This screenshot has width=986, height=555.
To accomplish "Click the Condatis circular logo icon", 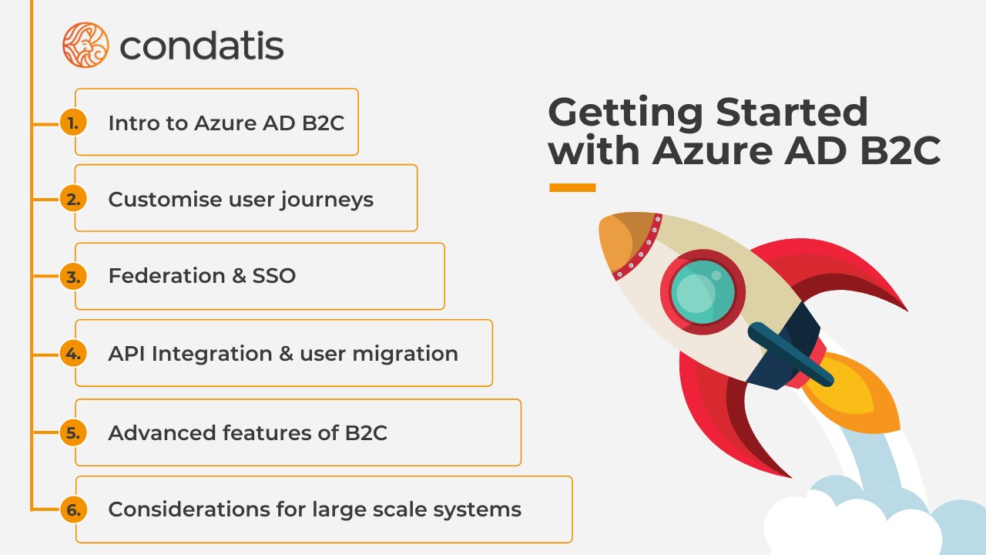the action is (86, 45).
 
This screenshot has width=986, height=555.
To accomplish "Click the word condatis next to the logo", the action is (202, 45).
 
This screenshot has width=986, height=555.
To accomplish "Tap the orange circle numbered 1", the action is (73, 123).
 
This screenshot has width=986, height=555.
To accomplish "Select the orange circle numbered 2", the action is (73, 199).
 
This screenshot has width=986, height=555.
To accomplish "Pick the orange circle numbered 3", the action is (73, 277).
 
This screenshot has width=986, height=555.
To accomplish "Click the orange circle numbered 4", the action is (73, 353).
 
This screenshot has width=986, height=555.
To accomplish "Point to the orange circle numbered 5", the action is (73, 432).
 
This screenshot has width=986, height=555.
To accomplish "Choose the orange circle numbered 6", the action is (73, 510).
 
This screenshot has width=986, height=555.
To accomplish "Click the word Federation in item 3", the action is (166, 276).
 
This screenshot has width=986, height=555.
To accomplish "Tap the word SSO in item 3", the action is (273, 276).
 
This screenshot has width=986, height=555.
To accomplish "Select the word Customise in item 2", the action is (165, 199).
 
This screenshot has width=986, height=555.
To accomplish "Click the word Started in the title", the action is (791, 112).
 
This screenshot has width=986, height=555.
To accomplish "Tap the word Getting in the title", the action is (625, 113).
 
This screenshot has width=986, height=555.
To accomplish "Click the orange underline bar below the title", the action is (572, 187).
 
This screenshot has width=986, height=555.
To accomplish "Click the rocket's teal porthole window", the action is (703, 292).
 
